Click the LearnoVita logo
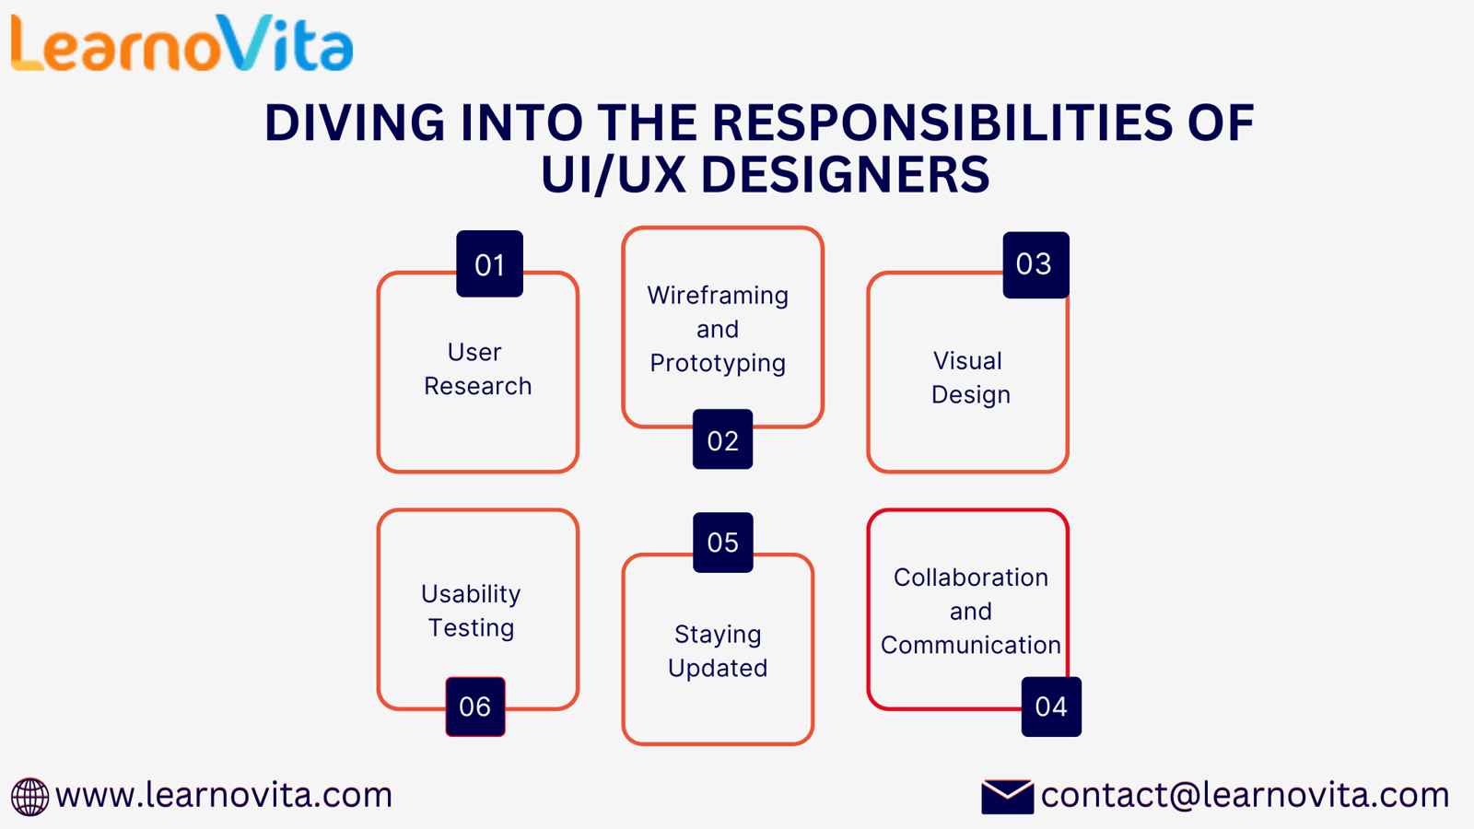[x=181, y=43]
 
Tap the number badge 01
[x=489, y=264]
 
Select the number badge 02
[x=722, y=440]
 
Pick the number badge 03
[x=1035, y=264]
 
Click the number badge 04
[x=1051, y=706]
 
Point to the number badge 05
[x=722, y=543]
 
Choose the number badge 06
[x=475, y=706]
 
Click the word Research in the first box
[x=477, y=386]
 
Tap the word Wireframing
[x=718, y=296]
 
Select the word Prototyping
[x=718, y=364]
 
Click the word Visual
[x=967, y=361]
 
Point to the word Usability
[x=471, y=594]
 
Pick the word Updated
[x=718, y=668]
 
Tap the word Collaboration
[x=970, y=578]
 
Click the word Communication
[x=970, y=645]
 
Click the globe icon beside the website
[x=29, y=797]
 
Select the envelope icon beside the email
[x=1007, y=797]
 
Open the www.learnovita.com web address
[x=224, y=795]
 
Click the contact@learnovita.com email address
[x=1245, y=795]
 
